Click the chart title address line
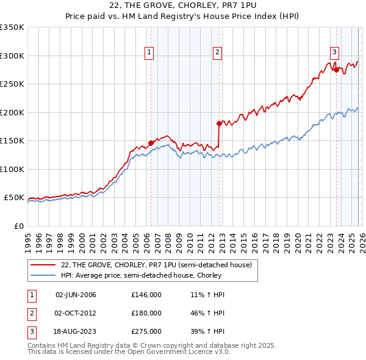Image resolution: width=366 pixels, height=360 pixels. click(x=183, y=5)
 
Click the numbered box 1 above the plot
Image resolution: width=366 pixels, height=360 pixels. click(x=149, y=53)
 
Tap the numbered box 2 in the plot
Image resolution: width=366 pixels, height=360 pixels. click(x=217, y=53)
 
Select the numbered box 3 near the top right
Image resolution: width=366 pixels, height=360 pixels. click(x=335, y=53)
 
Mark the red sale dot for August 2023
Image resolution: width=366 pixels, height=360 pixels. click(x=336, y=70)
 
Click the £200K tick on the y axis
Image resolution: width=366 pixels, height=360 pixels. click(x=12, y=112)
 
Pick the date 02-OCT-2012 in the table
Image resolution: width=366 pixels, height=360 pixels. click(x=76, y=313)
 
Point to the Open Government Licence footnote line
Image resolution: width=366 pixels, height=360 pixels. click(x=129, y=352)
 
